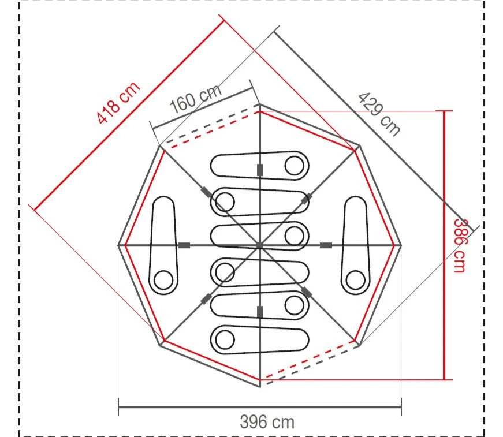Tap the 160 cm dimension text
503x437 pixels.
pos(196,99)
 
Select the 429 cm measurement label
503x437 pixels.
pos(379,114)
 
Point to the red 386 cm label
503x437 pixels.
pos(460,245)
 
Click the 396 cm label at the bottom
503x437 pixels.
pos(267,422)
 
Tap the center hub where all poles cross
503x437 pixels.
pos(259,246)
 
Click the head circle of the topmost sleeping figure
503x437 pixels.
pos(295,166)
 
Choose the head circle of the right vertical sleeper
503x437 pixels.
pos(355,280)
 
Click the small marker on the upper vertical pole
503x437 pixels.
pos(259,169)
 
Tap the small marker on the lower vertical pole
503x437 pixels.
pos(259,312)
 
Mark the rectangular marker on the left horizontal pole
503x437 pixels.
pos(184,246)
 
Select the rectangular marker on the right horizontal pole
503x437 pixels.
pos(326,246)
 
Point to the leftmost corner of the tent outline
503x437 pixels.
pos(118,246)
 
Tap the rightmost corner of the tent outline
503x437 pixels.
pos(401,246)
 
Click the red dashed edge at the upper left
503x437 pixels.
pos(211,130)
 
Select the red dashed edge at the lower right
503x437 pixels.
pos(309,361)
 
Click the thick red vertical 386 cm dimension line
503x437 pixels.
pos(444,245)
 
